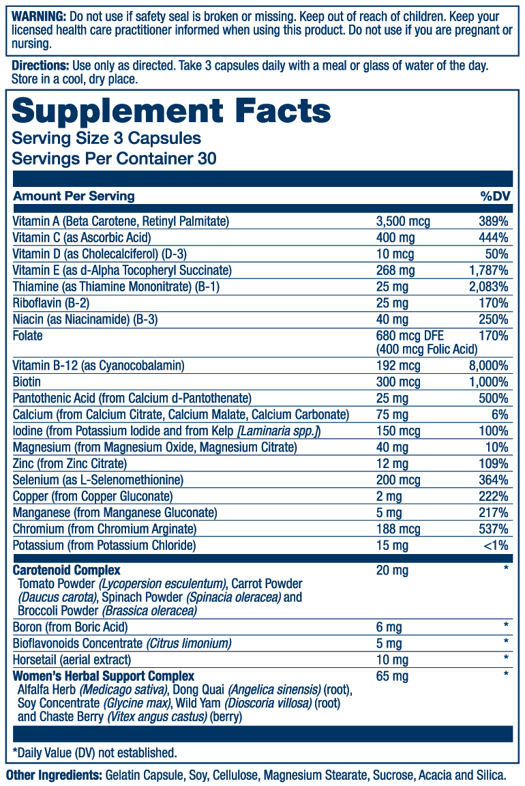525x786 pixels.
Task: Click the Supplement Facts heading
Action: [x=171, y=111]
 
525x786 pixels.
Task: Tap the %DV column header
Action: [x=495, y=196]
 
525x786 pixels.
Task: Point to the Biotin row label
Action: [x=27, y=382]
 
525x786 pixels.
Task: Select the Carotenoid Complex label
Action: [x=67, y=570]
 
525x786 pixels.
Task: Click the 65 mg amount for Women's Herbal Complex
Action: [x=392, y=676]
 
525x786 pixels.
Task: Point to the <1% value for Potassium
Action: [x=496, y=546]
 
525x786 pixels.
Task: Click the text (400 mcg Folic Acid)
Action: [x=426, y=349]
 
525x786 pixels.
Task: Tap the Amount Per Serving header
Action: [x=74, y=196]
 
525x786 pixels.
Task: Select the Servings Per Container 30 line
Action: [x=115, y=159]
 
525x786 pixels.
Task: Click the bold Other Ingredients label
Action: [x=53, y=776]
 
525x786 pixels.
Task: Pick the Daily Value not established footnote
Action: [x=95, y=753]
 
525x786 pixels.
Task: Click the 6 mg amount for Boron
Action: [x=389, y=627]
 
